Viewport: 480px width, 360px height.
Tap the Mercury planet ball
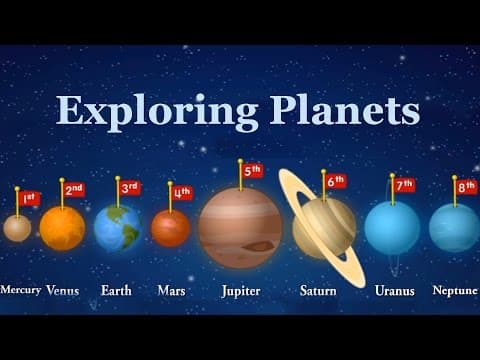[x=17, y=228]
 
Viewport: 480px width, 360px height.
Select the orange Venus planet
[x=62, y=228]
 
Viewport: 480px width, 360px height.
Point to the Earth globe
[x=117, y=228]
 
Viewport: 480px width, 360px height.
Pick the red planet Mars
[x=171, y=228]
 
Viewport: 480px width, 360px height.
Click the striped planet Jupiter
[x=240, y=228]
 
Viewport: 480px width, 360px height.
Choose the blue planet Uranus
[x=392, y=228]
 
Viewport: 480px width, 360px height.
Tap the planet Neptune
[x=454, y=228]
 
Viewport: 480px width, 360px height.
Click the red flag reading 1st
[x=30, y=198]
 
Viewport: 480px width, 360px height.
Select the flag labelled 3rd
[x=129, y=187]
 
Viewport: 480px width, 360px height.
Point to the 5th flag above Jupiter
[x=252, y=170]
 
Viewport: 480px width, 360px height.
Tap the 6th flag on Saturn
[x=335, y=181]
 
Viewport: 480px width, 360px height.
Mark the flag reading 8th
[x=466, y=187]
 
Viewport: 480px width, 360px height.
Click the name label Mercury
[x=21, y=290]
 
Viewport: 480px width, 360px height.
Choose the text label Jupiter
[x=240, y=291]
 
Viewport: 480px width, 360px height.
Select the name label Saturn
[x=319, y=291]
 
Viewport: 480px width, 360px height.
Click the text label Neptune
[x=455, y=291]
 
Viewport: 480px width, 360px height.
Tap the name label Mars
[x=171, y=291]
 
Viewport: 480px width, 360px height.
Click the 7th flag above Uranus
[x=404, y=185]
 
